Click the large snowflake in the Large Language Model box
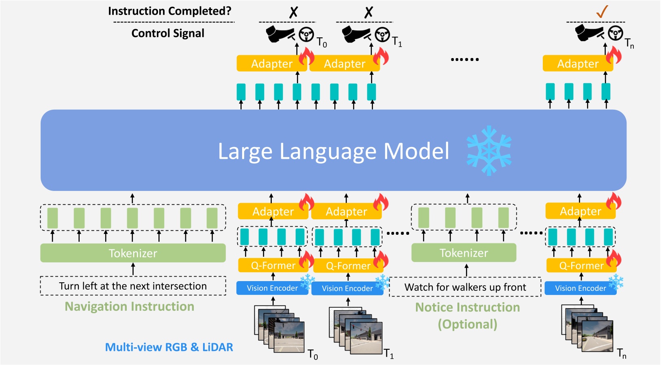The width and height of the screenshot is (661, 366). point(489,151)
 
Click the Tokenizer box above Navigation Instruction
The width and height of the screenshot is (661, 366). point(133,253)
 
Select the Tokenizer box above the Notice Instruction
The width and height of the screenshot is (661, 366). point(464,253)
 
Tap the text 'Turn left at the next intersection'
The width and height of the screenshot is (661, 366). point(133,286)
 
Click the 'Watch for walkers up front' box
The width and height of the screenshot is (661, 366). point(465,287)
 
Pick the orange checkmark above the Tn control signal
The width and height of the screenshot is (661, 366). point(602,11)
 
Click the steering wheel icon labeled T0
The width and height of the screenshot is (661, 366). point(306,35)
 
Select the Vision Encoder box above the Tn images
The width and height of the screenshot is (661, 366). point(580,288)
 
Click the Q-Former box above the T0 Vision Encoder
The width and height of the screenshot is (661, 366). point(273,266)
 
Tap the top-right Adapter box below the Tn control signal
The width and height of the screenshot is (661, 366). point(577,64)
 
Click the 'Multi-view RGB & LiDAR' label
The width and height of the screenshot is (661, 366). point(169,347)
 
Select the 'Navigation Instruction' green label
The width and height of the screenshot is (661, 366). point(129,306)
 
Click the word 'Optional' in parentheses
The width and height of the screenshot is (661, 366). point(467,324)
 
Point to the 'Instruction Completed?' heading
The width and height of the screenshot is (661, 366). point(169,11)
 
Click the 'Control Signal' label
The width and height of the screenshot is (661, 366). point(168,33)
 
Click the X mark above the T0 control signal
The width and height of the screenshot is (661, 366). point(293,12)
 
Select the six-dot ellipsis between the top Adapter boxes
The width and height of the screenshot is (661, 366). point(465,59)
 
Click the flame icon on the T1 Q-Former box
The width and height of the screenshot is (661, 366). point(381,260)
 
